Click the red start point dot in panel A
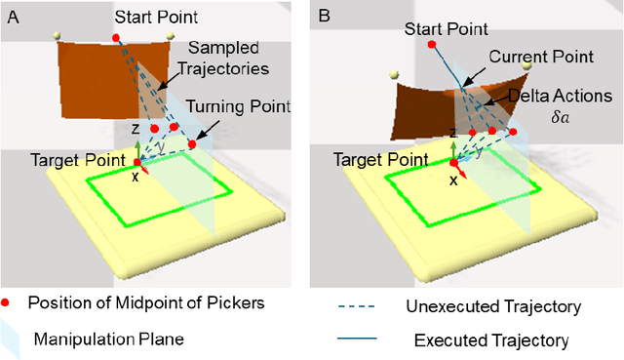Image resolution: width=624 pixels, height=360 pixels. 116,38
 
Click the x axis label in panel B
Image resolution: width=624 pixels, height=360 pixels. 453,180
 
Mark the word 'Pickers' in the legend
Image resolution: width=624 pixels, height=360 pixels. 237,303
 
